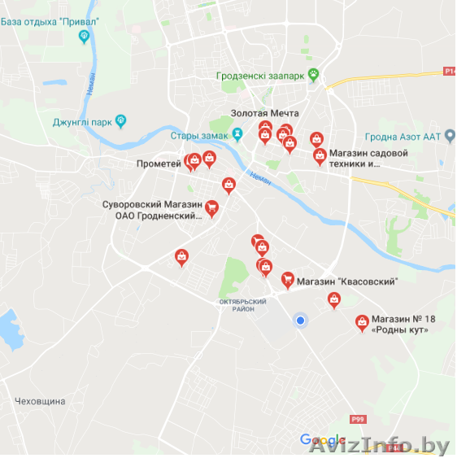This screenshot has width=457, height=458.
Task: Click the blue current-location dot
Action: (x=300, y=321)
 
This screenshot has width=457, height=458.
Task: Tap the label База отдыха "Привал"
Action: (x=45, y=21)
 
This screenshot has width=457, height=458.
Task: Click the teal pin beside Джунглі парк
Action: (x=121, y=122)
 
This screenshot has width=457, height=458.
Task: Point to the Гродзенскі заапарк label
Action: (x=260, y=76)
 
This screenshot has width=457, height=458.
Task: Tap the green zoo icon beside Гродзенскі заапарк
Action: (x=312, y=76)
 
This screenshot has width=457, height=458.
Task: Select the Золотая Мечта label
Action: (x=264, y=113)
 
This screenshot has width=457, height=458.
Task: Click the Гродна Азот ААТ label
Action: (x=391, y=136)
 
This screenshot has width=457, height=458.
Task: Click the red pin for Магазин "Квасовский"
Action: (x=287, y=280)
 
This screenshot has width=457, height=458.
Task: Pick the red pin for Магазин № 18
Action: (x=362, y=323)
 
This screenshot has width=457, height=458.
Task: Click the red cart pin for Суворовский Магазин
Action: (x=211, y=208)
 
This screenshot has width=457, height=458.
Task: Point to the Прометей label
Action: (x=159, y=164)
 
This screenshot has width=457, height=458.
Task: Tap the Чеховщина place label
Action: (x=40, y=401)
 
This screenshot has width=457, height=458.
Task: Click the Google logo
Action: (x=323, y=440)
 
